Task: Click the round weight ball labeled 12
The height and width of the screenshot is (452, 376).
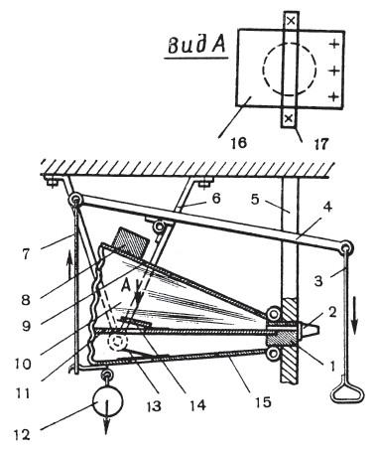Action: pyautogui.click(x=108, y=401)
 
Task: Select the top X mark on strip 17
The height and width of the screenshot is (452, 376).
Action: pyautogui.click(x=291, y=21)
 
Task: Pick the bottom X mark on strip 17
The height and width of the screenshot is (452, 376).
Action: pyautogui.click(x=289, y=117)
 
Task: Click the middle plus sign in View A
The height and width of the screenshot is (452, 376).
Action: pyautogui.click(x=334, y=71)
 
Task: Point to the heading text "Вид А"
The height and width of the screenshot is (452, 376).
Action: pyautogui.click(x=196, y=45)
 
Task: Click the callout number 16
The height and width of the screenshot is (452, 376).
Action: pyautogui.click(x=239, y=143)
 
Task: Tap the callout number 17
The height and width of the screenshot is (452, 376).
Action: pyautogui.click(x=320, y=144)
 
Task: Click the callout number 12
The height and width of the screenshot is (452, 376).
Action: pyautogui.click(x=22, y=434)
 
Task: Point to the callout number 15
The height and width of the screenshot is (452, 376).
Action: pyautogui.click(x=263, y=402)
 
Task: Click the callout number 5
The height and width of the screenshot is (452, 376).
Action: pyautogui.click(x=254, y=200)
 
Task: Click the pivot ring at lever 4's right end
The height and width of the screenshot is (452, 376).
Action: pyautogui.click(x=346, y=247)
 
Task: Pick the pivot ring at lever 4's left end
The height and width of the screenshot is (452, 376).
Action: pyautogui.click(x=74, y=201)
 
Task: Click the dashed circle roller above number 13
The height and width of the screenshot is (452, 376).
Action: pyautogui.click(x=117, y=342)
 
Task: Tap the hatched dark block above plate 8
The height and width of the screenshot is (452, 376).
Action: pyautogui.click(x=129, y=241)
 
